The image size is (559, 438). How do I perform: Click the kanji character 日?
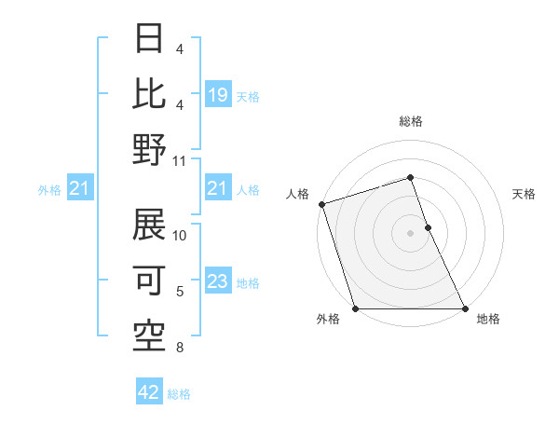(x=149, y=38)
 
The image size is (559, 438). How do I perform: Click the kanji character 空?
(x=149, y=333)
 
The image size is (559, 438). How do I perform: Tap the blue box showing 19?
(x=217, y=95)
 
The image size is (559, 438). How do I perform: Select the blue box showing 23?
(x=217, y=281)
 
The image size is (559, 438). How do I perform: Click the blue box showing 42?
(x=149, y=392)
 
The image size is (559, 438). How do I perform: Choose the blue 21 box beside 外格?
(x=80, y=189)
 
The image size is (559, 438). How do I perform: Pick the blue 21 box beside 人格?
(x=217, y=189)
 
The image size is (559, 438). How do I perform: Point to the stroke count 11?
(x=180, y=160)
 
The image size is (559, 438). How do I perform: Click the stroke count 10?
(x=180, y=235)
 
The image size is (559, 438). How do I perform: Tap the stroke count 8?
(x=180, y=349)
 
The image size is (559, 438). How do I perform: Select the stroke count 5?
(x=180, y=291)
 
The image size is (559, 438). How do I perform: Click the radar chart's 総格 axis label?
(x=411, y=121)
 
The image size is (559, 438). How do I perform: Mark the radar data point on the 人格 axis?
(x=321, y=204)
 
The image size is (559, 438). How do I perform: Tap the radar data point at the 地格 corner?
(x=465, y=308)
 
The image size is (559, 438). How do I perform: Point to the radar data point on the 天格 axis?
(x=428, y=227)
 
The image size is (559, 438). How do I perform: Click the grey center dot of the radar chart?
(x=411, y=233)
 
